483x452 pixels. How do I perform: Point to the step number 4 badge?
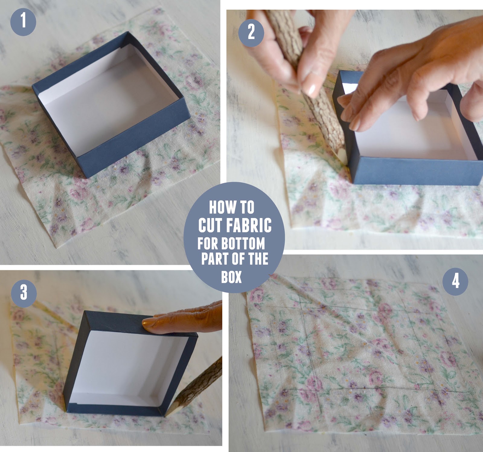(x=455, y=281)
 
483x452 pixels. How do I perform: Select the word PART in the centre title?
(x=213, y=259)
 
